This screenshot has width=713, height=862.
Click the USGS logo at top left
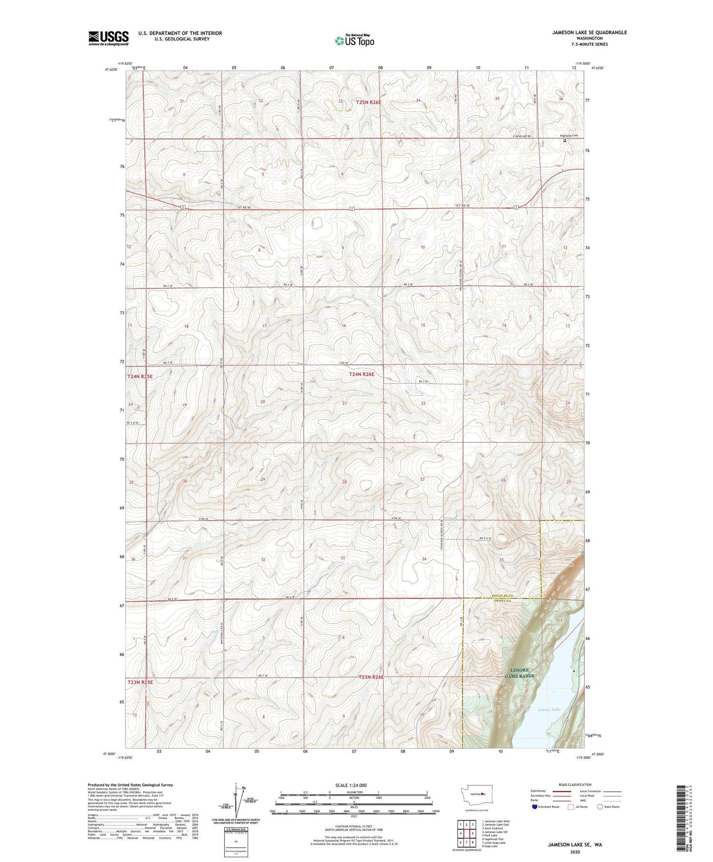[x=108, y=38]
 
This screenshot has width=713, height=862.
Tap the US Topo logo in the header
[x=355, y=41]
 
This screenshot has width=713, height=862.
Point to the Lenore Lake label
[x=549, y=709]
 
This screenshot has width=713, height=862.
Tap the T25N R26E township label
[x=372, y=102]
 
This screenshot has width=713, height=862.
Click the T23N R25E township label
[x=140, y=682]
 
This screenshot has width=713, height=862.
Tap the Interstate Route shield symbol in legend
[x=535, y=806]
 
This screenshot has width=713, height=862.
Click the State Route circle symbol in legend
[x=600, y=806]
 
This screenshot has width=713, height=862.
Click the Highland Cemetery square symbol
[x=565, y=141]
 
